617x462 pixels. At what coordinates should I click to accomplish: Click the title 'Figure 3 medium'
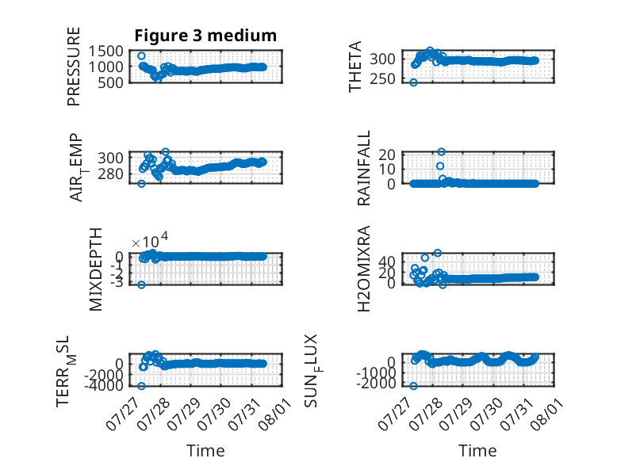205,36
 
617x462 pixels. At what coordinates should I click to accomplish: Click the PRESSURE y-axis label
74,67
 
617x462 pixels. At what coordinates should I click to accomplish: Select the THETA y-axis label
355,67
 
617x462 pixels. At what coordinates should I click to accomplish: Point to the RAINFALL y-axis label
363,168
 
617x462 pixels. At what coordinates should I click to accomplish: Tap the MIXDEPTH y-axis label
96,269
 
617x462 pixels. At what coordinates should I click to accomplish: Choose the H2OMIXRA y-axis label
363,269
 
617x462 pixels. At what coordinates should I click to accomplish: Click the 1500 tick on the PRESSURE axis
105,52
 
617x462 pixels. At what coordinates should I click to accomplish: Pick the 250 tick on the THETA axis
382,79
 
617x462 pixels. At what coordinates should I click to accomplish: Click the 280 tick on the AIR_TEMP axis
110,174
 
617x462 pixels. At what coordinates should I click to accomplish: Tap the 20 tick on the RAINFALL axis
387,155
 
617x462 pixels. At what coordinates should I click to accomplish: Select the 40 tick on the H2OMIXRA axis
387,262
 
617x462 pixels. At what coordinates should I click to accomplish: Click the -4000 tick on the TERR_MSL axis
104,386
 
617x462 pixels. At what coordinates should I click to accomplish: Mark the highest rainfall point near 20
442,152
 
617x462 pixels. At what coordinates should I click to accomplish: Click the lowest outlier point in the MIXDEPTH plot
141,284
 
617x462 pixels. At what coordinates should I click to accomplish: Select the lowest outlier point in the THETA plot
413,82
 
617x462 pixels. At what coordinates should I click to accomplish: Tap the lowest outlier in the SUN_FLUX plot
413,386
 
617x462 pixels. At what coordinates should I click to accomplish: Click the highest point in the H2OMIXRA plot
438,253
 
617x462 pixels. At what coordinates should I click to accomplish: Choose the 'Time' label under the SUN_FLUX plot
477,451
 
